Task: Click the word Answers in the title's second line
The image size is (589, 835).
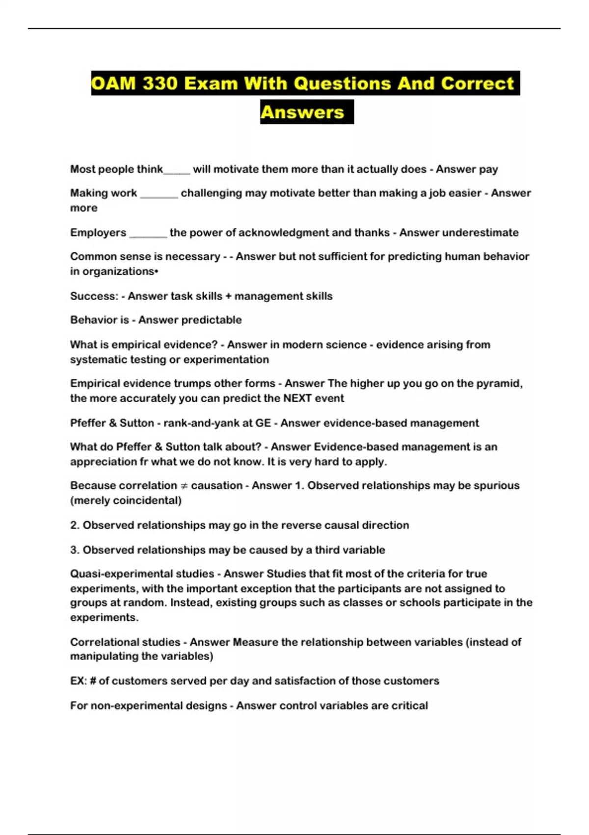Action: coord(302,112)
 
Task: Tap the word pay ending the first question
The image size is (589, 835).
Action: coord(488,169)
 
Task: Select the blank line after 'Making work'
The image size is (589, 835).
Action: coord(159,194)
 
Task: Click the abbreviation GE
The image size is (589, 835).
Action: coord(263,423)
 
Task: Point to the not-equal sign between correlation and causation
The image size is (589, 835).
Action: coord(184,486)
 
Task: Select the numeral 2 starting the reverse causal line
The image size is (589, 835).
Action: coord(74,526)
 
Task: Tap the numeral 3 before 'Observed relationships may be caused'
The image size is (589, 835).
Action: coord(74,550)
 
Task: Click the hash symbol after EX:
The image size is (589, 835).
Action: coord(93,681)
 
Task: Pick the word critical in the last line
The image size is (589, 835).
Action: coord(409,706)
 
